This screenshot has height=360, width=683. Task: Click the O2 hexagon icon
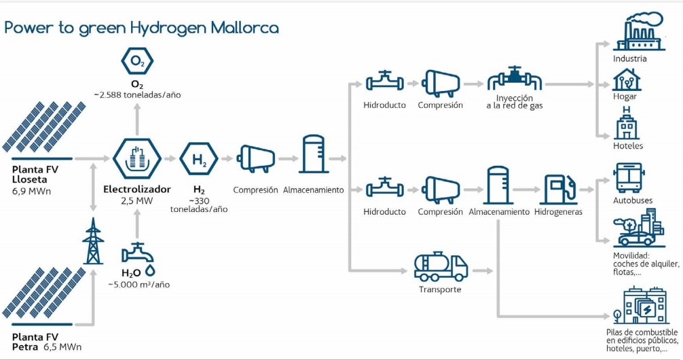[x=137, y=62]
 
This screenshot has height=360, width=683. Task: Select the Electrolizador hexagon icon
[x=136, y=158]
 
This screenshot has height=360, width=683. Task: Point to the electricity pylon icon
[x=92, y=242]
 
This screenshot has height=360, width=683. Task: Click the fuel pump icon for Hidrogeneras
[x=561, y=190]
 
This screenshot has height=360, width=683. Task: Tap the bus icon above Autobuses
[x=629, y=177]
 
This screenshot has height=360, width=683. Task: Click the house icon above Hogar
[x=625, y=80]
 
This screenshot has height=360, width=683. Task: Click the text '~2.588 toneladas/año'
[x=137, y=94]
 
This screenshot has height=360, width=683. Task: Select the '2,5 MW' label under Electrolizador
[x=137, y=201]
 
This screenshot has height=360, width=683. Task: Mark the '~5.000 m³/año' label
[x=139, y=284]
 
